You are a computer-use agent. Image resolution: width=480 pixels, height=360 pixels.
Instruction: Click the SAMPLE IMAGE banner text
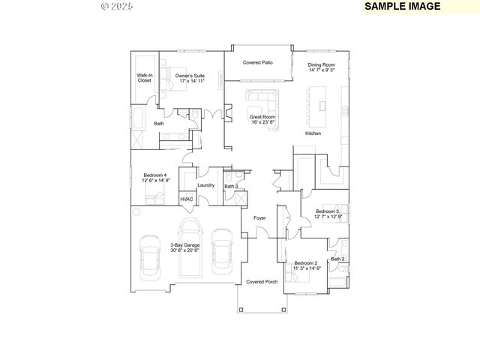pyautogui.click(x=401, y=6)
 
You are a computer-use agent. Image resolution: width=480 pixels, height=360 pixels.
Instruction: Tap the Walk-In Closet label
pyautogui.click(x=145, y=78)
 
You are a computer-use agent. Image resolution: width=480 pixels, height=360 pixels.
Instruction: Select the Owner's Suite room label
pyautogui.click(x=190, y=78)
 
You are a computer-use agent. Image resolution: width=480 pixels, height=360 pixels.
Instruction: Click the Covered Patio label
pyautogui.click(x=257, y=63)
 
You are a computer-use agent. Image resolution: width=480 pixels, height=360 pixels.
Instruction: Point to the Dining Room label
pyautogui.click(x=321, y=68)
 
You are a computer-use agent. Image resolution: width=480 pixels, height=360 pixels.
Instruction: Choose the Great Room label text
pyautogui.click(x=262, y=119)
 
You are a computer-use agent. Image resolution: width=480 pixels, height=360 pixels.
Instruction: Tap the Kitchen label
pyautogui.click(x=313, y=133)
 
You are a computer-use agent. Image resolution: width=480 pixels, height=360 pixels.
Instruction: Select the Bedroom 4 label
pyautogui.click(x=156, y=178)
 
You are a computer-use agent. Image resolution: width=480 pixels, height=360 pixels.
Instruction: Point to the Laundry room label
pyautogui.click(x=205, y=185)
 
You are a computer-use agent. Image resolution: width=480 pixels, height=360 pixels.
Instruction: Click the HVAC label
pyautogui.click(x=187, y=199)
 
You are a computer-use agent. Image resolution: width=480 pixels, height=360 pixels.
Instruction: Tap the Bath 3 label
pyautogui.click(x=231, y=186)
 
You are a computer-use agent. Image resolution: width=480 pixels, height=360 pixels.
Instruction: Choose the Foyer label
pyautogui.click(x=259, y=217)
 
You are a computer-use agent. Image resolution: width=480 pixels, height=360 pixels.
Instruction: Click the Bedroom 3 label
pyautogui.click(x=327, y=214)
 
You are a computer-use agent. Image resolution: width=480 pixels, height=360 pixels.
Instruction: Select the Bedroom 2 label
pyautogui.click(x=306, y=265)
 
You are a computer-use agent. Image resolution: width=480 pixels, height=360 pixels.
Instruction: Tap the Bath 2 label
pyautogui.click(x=338, y=259)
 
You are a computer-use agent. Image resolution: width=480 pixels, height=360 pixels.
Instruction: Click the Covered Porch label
pyautogui.click(x=262, y=282)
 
